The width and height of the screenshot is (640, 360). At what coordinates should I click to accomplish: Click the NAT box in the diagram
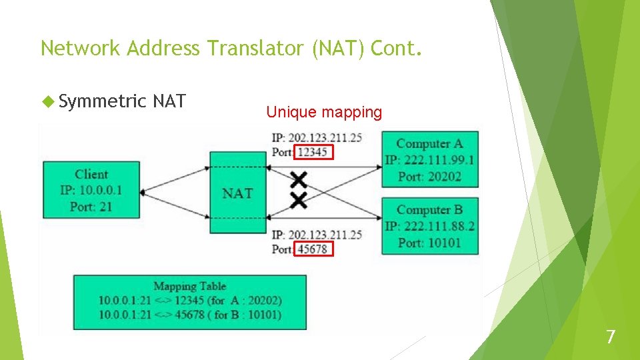237,193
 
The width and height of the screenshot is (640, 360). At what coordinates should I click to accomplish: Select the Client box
91,190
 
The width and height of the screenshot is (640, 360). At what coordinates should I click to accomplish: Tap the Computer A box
429,159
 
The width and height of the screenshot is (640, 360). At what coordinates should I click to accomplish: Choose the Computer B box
429,225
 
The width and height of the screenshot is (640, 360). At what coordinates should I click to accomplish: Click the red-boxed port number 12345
313,153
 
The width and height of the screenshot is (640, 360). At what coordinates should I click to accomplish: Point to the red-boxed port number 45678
313,249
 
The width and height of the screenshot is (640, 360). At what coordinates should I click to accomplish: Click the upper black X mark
299,179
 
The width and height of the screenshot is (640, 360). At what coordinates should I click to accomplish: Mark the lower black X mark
299,199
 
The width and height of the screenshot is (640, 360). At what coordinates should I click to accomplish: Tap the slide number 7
611,337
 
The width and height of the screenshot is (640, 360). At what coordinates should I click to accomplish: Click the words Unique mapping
324,112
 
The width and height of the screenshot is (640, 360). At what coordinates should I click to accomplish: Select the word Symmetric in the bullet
102,101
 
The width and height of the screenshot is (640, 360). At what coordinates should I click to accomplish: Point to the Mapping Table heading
190,287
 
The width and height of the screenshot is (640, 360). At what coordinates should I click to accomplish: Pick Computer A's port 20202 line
429,177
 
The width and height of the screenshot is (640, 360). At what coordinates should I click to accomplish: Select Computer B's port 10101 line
429,243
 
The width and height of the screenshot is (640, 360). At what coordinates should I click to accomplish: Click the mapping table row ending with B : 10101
190,315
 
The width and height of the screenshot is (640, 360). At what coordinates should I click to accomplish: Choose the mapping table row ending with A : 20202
190,301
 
